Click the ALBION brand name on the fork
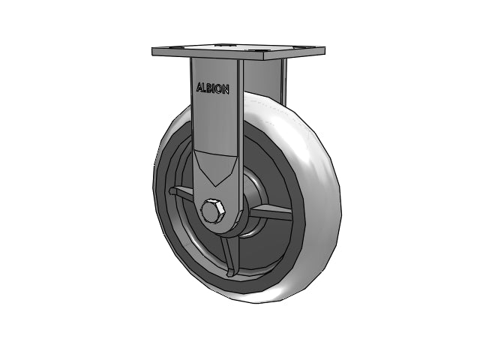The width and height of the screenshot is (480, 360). pos(213,88)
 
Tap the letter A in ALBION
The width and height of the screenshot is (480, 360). pos(199,88)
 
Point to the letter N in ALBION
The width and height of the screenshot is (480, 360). pos(226,88)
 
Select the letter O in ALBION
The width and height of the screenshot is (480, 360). pos(221,88)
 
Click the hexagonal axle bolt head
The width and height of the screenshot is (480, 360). pos(212,211)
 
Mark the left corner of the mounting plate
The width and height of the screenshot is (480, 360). pos(154,52)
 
